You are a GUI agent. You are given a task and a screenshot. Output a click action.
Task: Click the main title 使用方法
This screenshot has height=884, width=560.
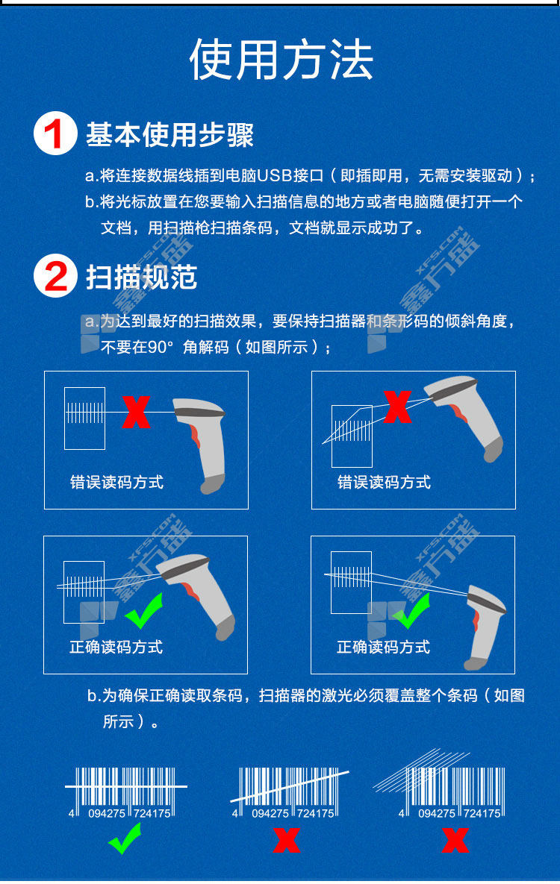tap(281, 60)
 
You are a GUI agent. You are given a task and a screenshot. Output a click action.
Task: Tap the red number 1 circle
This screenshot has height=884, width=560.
tap(55, 133)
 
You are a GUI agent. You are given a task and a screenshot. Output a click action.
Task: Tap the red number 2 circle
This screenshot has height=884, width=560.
tap(55, 276)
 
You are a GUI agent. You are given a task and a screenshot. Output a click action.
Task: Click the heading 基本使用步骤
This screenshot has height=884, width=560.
tap(169, 134)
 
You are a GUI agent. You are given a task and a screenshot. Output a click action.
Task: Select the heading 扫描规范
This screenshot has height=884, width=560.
tap(141, 277)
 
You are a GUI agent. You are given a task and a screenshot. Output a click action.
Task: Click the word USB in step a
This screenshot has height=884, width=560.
tap(274, 176)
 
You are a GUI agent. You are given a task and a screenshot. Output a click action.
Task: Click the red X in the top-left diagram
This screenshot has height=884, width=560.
tap(136, 412)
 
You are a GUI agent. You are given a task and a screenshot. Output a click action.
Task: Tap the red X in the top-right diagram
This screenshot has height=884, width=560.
tap(397, 407)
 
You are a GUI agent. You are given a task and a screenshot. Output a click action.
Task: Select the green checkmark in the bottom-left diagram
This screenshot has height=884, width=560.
tap(144, 611)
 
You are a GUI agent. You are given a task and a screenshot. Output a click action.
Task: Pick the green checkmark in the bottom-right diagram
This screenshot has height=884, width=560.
tap(411, 612)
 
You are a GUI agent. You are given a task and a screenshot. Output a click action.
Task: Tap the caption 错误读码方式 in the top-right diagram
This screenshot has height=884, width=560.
tap(384, 482)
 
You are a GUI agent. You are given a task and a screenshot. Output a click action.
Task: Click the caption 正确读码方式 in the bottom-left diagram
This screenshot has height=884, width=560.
tap(116, 647)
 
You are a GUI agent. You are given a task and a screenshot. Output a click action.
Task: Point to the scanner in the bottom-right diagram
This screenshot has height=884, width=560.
tap(485, 627)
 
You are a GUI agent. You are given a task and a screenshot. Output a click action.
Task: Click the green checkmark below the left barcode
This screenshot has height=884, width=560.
tap(125, 838)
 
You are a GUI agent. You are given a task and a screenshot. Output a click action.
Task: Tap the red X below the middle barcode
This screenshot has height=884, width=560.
tap(287, 839)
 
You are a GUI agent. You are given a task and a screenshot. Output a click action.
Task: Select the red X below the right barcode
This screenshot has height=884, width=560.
tap(455, 839)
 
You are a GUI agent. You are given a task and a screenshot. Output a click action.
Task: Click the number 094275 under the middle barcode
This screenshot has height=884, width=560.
tap(270, 814)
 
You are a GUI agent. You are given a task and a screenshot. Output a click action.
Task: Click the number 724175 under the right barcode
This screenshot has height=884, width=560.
tap(482, 814)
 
